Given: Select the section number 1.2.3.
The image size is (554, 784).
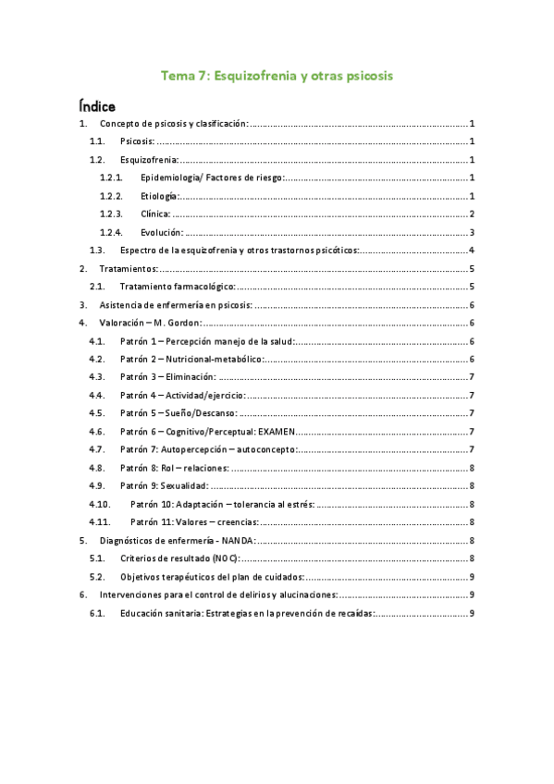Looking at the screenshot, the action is click(111, 214).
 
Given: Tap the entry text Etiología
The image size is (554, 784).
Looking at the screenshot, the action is click(157, 196).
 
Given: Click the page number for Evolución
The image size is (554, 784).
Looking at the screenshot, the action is click(472, 232).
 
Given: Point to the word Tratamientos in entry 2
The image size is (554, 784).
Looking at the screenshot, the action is click(128, 268).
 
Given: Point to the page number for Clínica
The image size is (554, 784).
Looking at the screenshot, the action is click(472, 214).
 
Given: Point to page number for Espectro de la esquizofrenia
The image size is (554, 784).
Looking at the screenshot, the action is click(472, 251).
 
